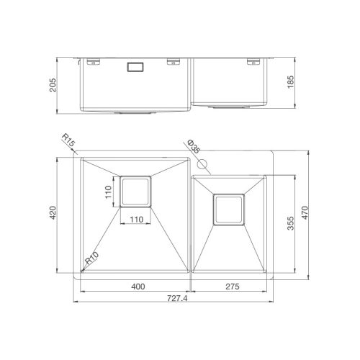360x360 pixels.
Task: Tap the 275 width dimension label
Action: pos(230,286)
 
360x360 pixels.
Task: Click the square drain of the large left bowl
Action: pos(136,191)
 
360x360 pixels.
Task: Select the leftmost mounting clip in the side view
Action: pos(93,62)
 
